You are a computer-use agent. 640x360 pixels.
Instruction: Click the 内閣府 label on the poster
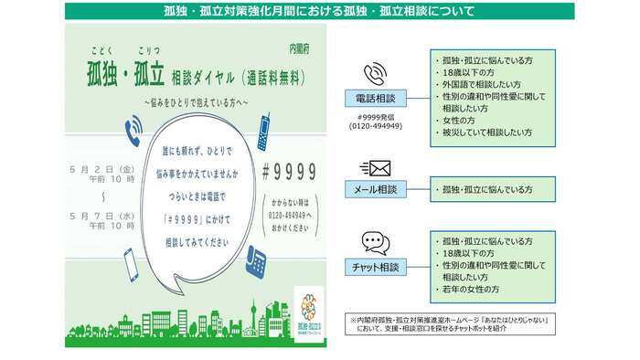(x=300, y=46)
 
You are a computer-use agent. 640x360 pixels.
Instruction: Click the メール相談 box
(x=375, y=189)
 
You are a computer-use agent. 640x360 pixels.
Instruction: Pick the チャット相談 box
(x=375, y=267)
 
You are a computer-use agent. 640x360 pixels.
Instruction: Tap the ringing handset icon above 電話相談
(x=375, y=72)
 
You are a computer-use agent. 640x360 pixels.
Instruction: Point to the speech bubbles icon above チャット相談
(x=375, y=242)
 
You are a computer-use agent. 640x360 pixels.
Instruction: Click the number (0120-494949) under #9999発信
(x=375, y=126)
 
